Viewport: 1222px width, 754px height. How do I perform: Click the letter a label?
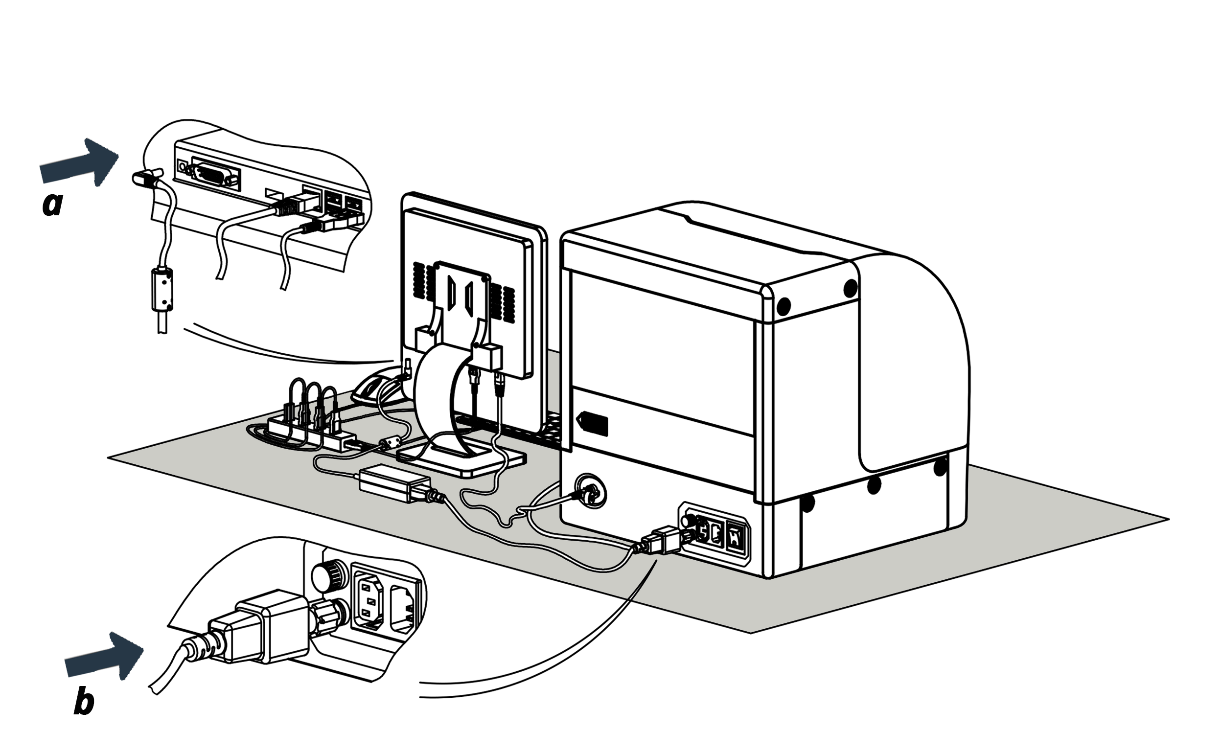53,204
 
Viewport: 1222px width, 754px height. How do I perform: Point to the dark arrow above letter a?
80,162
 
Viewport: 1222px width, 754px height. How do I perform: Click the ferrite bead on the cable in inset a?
161,289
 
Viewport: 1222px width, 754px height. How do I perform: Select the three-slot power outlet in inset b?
369,601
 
